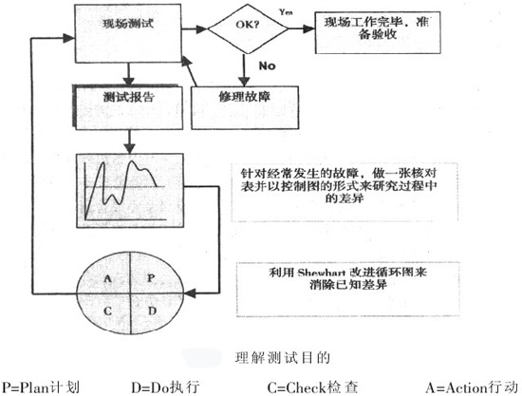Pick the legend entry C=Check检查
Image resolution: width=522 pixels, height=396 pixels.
tap(324, 387)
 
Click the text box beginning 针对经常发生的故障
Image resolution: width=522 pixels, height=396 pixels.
tap(347, 189)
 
